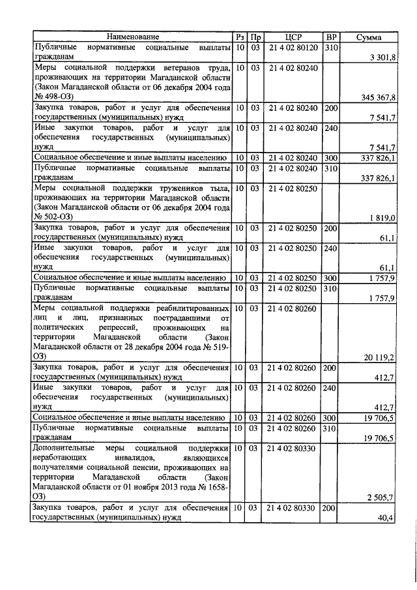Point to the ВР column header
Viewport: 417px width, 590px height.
click(x=331, y=38)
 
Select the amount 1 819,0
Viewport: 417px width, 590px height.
click(x=384, y=217)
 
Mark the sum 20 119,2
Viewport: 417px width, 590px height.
click(x=381, y=357)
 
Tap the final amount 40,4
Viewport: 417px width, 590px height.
click(x=389, y=518)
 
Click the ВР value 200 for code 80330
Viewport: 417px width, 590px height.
click(x=331, y=507)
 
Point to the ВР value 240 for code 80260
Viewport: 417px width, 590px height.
click(x=331, y=388)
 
